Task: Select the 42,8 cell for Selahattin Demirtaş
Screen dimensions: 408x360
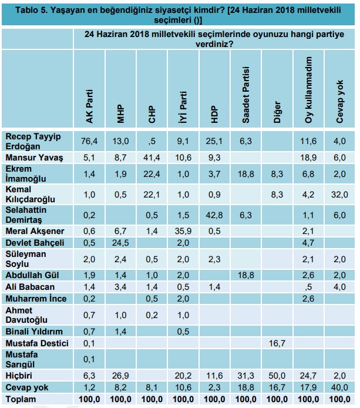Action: coord(214,215)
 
